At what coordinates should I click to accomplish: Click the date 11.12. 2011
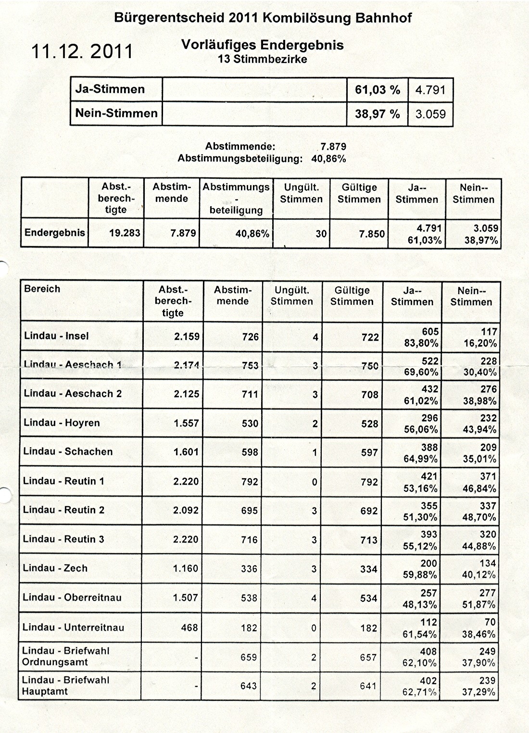[82, 51]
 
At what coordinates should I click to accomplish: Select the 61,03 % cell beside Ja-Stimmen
[377, 90]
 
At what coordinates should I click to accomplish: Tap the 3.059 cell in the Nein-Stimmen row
[430, 114]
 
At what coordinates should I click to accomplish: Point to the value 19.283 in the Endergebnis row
[125, 233]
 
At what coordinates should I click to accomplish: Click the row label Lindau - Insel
[56, 336]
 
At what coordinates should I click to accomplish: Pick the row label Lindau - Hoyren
[62, 423]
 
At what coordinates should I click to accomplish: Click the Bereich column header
[42, 289]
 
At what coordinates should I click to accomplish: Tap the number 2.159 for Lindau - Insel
[187, 336]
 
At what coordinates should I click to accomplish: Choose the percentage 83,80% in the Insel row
[421, 343]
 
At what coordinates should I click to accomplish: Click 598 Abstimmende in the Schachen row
[250, 452]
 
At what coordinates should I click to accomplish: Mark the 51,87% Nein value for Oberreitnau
[479, 605]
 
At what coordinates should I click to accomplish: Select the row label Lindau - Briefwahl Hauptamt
[65, 686]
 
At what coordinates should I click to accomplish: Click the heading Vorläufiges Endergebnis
[262, 45]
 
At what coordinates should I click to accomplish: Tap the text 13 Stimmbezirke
[262, 60]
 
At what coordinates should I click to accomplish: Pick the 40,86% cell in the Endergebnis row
[252, 234]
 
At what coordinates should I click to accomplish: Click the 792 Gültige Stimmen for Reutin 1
[369, 482]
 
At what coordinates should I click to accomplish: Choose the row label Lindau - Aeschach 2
[73, 394]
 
